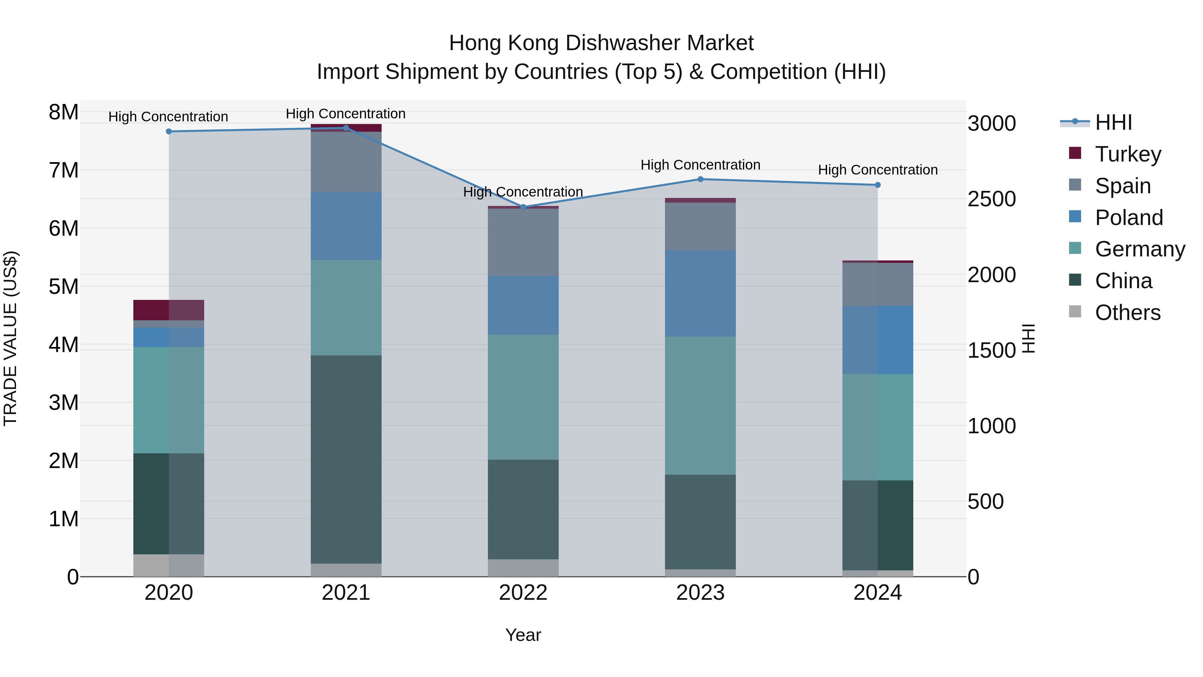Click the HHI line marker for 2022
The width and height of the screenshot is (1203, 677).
coord(523,207)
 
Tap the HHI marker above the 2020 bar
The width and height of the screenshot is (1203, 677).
coord(169,131)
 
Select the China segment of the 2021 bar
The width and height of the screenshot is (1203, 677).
coord(346,459)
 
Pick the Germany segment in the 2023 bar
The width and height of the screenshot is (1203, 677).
coord(700,406)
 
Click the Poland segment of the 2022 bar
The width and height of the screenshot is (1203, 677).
coord(523,305)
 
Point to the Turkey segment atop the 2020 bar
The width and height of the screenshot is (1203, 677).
coord(169,310)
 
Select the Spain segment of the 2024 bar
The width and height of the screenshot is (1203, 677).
coord(878,285)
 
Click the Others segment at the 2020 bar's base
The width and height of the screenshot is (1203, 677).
coord(169,565)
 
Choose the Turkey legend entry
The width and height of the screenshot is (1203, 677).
coord(1128,154)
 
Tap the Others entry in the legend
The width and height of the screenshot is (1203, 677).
coord(1127,313)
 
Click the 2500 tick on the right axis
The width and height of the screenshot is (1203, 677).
coord(991,199)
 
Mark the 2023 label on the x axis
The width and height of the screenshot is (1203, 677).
coord(700,593)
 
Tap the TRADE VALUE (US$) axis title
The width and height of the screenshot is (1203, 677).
coord(10,338)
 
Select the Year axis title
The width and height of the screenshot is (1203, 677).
coord(523,635)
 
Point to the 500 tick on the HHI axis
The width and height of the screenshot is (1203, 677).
coord(985,501)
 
